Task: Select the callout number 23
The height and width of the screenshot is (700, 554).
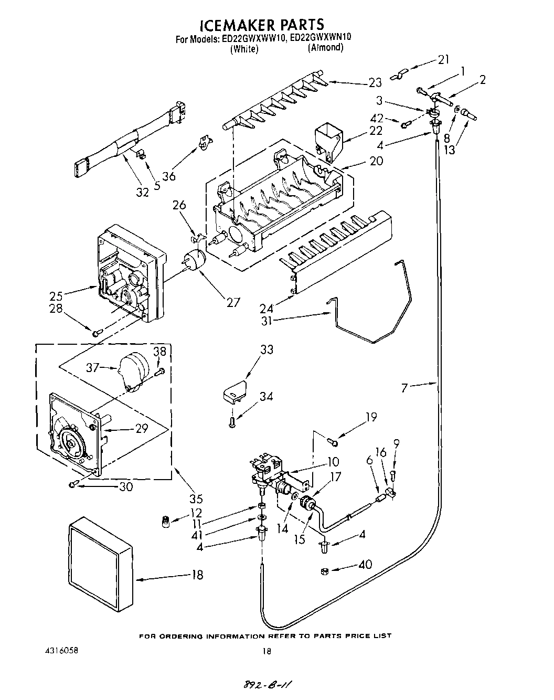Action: (x=375, y=82)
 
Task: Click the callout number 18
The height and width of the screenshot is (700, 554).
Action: (x=197, y=575)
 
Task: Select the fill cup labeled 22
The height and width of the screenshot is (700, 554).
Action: (x=327, y=139)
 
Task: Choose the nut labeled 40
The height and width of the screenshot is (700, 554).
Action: (x=324, y=571)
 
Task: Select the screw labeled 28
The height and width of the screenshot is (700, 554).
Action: (x=97, y=333)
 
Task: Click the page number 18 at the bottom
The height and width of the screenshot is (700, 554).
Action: (x=267, y=651)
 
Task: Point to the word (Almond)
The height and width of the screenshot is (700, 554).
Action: (x=325, y=48)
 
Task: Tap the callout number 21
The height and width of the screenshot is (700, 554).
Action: (x=443, y=59)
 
